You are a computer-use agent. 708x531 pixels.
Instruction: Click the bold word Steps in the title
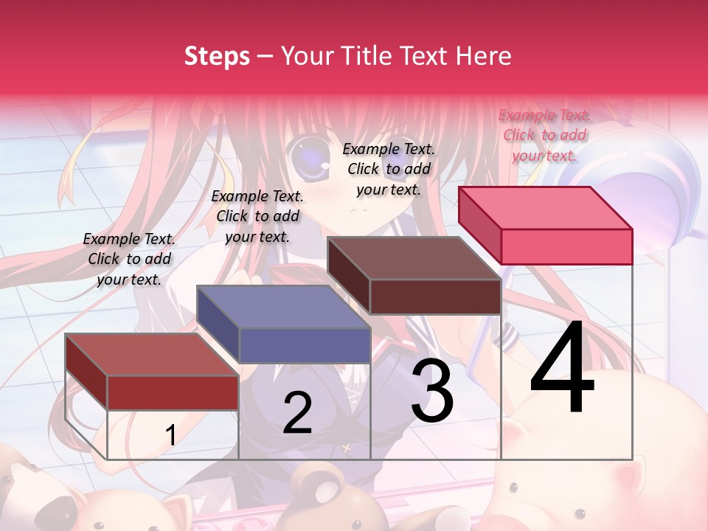217,56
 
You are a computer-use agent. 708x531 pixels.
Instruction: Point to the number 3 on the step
432,391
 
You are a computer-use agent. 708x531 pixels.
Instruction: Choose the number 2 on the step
297,413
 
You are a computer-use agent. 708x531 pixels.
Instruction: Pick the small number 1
170,436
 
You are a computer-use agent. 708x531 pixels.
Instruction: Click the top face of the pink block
546,207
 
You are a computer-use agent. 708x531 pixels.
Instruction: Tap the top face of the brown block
414,258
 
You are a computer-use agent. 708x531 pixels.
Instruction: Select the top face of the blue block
283,307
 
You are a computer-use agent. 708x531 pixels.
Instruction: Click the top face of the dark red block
152,355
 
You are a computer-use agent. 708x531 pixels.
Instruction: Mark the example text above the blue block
257,216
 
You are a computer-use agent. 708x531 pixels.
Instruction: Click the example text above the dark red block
129,259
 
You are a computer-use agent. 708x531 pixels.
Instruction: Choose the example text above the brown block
389,169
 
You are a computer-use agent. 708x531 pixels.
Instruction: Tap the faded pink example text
544,135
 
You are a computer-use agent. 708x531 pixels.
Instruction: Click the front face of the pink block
566,246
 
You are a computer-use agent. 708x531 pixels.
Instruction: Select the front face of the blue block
305,345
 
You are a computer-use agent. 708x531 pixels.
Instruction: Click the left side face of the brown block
349,275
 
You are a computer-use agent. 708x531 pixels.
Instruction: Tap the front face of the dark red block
173,392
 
